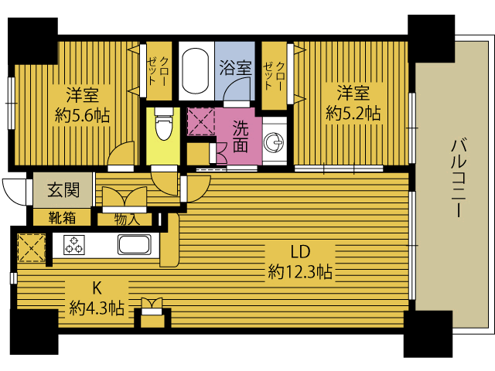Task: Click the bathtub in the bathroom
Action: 196,70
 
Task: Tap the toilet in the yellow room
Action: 163,124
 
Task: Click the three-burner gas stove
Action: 74,245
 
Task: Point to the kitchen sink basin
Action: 134,244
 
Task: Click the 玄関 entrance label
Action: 63,189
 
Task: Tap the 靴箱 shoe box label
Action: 62,218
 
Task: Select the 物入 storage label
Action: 127,219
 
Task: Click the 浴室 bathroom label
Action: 235,67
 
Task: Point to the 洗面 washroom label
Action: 241,137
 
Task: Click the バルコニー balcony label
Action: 459,179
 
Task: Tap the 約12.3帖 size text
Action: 300,271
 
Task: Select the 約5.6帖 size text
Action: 83,115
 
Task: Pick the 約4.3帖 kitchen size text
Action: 97,308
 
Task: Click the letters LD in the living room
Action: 300,251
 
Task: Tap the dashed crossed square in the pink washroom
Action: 201,121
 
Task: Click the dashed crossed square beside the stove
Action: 31,247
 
